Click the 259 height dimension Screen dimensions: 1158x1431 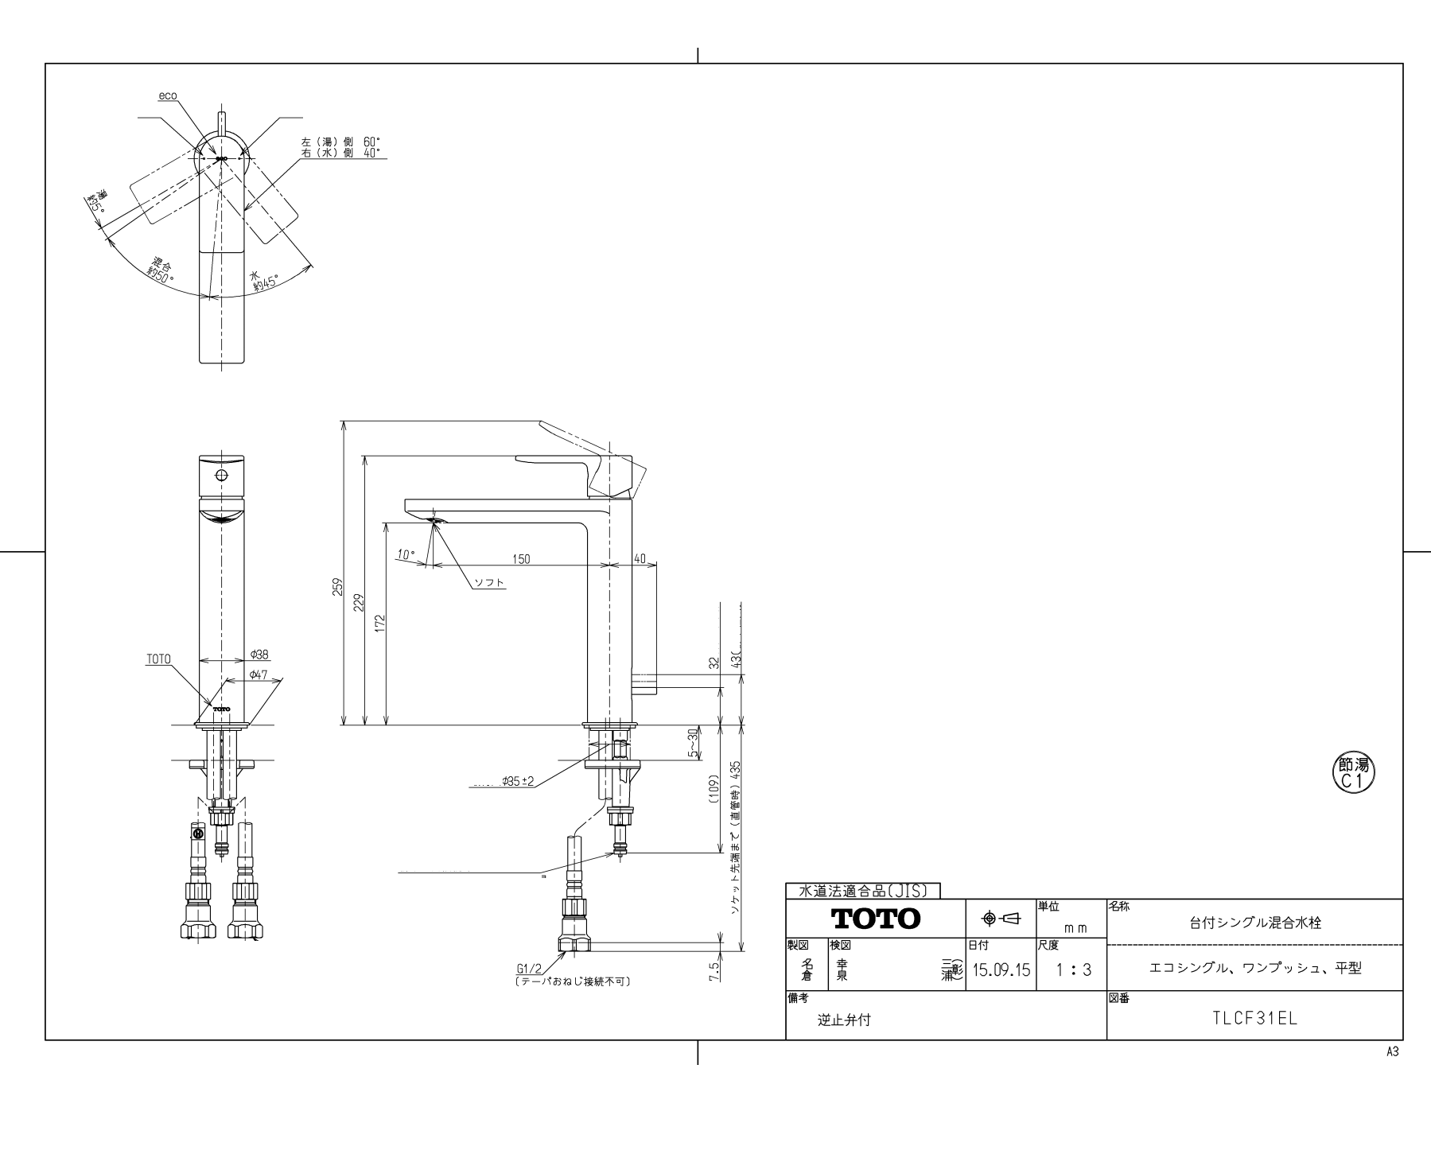pos(337,586)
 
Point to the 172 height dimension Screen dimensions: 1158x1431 pos(380,622)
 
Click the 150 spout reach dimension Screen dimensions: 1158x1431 pos(520,559)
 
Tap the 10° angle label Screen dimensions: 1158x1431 pos(406,554)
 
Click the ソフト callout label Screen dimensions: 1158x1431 pos(489,583)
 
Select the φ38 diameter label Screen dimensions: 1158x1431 pos(259,655)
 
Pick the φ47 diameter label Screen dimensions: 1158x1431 pos(259,674)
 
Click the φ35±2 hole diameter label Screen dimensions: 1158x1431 pos(517,783)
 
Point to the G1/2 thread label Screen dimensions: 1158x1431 pos(529,969)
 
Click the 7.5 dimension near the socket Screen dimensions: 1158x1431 pos(714,971)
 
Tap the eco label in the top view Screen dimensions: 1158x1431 pos(167,95)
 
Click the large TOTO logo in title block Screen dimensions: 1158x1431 pos(875,919)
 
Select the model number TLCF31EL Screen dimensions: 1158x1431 pos(1254,1017)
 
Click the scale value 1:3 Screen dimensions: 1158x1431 pos(1074,970)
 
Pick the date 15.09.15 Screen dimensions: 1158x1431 pos(1001,970)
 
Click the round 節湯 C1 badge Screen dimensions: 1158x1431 pos(1353,772)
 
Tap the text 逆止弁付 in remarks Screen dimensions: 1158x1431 pos(844,1020)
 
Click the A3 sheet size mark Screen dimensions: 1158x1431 pos(1392,1051)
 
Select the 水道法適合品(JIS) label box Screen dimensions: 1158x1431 pos(862,891)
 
